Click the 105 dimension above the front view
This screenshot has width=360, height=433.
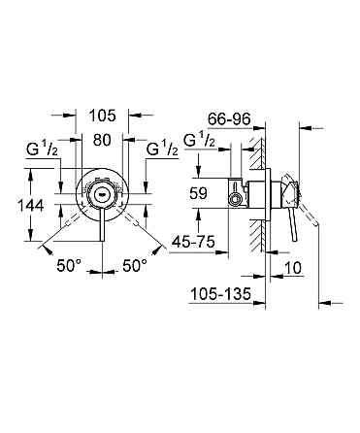click(x=102, y=115)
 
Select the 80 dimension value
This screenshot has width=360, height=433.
click(x=102, y=139)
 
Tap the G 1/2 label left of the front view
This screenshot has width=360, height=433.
click(x=42, y=151)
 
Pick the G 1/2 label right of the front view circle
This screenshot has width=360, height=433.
click(x=160, y=151)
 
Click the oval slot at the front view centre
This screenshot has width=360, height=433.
click(x=100, y=193)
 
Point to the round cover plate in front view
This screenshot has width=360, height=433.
click(x=101, y=194)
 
